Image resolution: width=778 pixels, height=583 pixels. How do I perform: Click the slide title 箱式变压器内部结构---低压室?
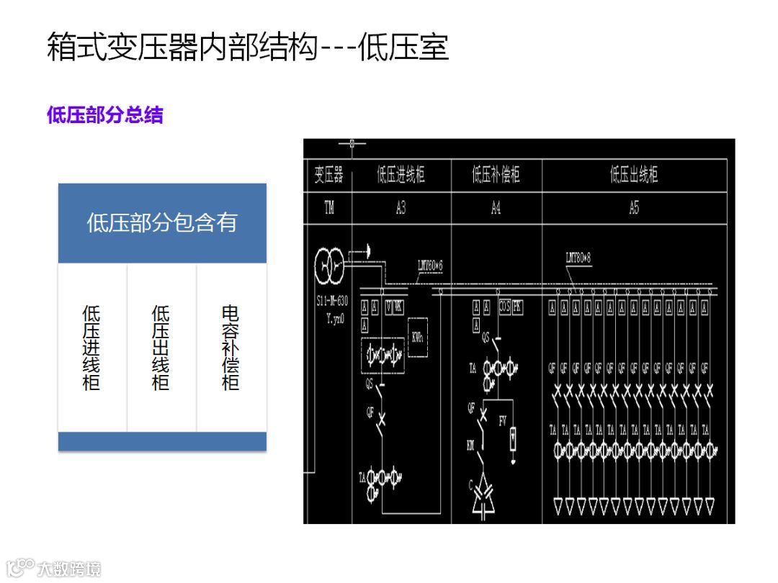pyautogui.click(x=248, y=48)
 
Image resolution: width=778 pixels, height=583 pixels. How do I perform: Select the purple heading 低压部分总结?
pyautogui.click(x=105, y=115)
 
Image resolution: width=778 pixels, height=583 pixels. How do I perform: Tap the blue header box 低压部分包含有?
pyautogui.click(x=162, y=222)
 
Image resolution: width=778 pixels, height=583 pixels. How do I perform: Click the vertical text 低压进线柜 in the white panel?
pyautogui.click(x=91, y=348)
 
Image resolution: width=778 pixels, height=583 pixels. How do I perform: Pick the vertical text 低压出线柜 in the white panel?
pyautogui.click(x=161, y=348)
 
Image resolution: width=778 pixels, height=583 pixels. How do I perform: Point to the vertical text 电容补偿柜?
pyautogui.click(x=231, y=348)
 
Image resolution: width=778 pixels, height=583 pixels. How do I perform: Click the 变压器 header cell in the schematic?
pyautogui.click(x=328, y=175)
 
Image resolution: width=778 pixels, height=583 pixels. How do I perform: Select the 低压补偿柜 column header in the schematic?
pyautogui.click(x=496, y=175)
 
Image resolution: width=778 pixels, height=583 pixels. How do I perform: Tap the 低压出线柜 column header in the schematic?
pyautogui.click(x=634, y=175)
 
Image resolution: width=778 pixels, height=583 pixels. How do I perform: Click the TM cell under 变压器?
pyautogui.click(x=328, y=209)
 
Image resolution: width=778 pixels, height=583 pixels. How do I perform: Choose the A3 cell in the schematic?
pyautogui.click(x=401, y=209)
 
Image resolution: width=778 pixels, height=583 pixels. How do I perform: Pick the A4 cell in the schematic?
pyautogui.click(x=496, y=209)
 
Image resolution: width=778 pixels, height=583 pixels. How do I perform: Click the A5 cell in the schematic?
pyautogui.click(x=634, y=209)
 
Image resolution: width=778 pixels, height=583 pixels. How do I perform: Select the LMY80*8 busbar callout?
pyautogui.click(x=578, y=258)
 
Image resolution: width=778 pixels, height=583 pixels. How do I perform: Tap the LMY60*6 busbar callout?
pyautogui.click(x=430, y=266)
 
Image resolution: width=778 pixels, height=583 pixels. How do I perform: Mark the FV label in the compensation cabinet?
pyautogui.click(x=503, y=421)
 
